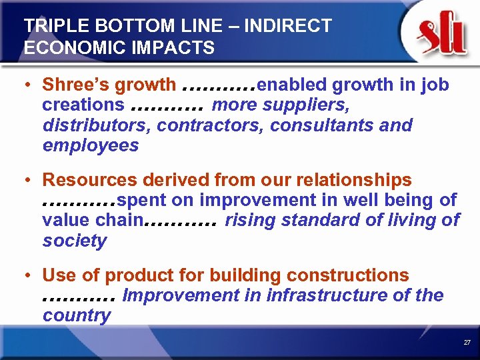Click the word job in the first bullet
[x=435, y=85]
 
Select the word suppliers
[x=313, y=105]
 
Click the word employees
[x=91, y=145]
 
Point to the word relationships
[x=347, y=180]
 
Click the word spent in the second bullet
[x=145, y=200]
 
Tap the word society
[x=74, y=240]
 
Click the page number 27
[x=467, y=342]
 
